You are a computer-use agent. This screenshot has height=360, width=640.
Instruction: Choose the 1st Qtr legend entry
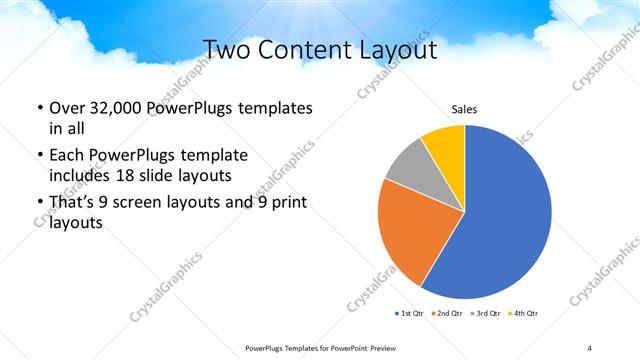[410, 314]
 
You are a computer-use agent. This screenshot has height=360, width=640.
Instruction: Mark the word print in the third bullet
[290, 204]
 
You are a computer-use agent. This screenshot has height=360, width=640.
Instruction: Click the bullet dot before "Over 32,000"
[39, 108]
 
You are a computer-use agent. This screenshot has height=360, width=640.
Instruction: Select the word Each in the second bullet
[67, 156]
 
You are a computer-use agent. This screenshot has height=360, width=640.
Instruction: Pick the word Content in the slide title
[309, 51]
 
